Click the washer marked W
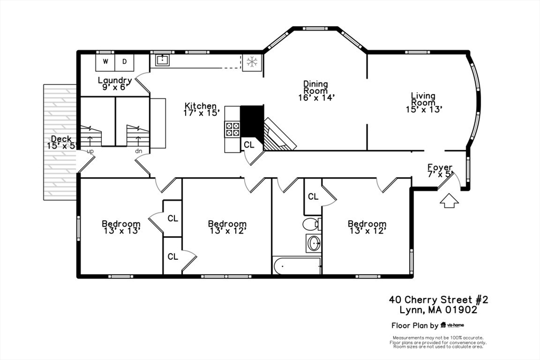coord(105,62)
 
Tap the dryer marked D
coord(124,62)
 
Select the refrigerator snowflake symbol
coord(252,62)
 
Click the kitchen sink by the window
coord(162,60)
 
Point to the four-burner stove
coord(233,129)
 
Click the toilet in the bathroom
coord(312,224)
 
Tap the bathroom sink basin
coord(314,244)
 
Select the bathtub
coord(296,266)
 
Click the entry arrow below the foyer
coord(448,201)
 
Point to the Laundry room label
coord(114,81)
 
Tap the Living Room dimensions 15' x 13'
coord(423,110)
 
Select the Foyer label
coord(440,167)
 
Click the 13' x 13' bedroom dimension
coord(121,230)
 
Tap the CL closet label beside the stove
coord(249,144)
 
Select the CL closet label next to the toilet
coord(313,197)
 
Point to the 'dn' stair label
coord(139,151)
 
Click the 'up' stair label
coord(90,151)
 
